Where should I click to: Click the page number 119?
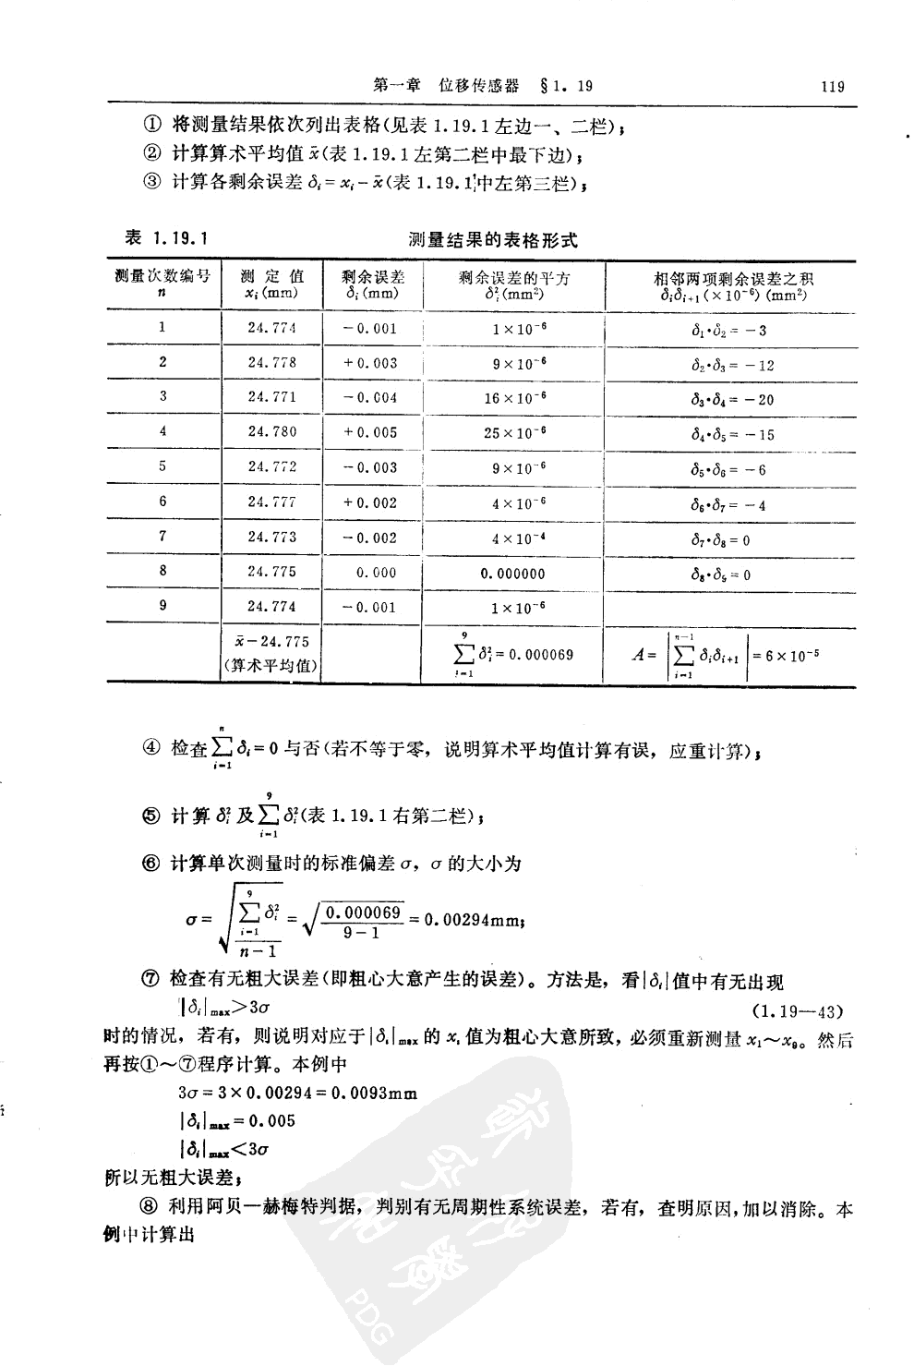click(832, 87)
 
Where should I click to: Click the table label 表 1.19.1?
click(166, 239)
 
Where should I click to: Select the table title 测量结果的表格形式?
click(493, 240)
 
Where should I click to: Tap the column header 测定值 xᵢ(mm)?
click(271, 284)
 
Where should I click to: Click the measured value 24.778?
click(271, 363)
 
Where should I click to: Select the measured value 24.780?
click(271, 431)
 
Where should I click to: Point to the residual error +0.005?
click(370, 432)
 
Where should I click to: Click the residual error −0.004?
click(370, 398)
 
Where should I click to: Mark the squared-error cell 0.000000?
click(513, 574)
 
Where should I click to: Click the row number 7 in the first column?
click(162, 536)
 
